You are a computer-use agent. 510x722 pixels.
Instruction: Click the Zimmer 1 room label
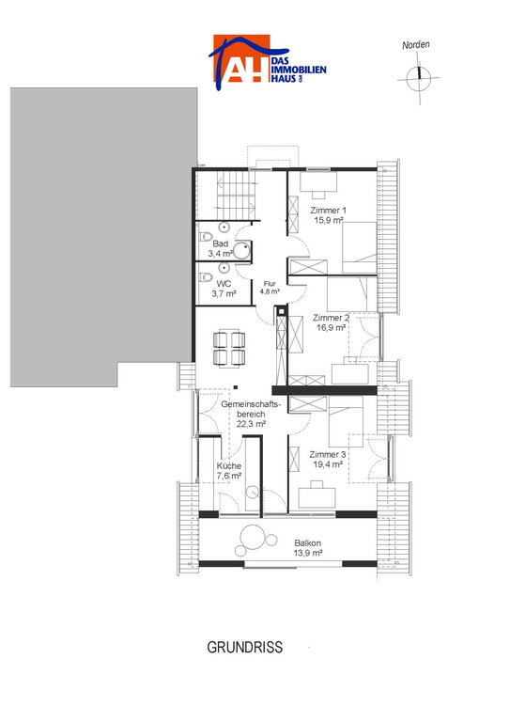329,211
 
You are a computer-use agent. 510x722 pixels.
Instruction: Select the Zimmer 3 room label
328,454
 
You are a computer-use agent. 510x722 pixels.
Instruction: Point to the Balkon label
308,543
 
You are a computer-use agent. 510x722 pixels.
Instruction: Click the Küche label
229,466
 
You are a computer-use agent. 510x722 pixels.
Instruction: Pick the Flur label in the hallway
270,284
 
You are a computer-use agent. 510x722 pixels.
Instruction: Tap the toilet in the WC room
205,277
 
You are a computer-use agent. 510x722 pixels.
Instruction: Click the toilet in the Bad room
205,237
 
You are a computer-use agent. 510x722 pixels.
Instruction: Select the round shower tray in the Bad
242,251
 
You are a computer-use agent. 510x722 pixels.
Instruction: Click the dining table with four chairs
229,348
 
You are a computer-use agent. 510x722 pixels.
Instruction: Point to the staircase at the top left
236,196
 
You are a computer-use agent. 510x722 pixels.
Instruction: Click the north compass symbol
419,78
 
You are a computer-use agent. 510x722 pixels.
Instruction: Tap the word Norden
416,45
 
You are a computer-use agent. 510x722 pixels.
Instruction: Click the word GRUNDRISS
244,648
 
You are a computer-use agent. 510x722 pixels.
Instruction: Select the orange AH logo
241,59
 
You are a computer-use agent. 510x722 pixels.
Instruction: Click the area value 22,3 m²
251,424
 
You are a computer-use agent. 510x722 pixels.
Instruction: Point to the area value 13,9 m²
308,553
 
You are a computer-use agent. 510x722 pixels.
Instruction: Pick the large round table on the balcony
252,537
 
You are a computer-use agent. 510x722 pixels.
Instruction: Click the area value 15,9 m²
329,220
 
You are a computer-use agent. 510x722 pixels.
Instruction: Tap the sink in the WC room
224,267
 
